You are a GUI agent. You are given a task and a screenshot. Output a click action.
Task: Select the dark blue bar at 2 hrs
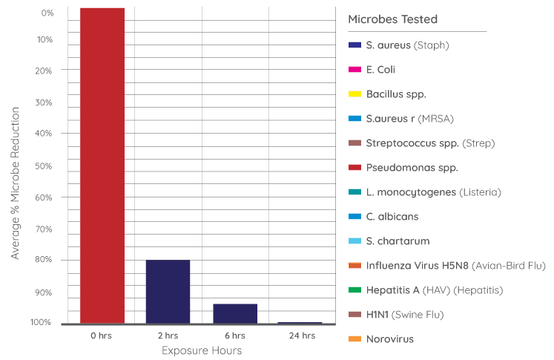coord(168,291)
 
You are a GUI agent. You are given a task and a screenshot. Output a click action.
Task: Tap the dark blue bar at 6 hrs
coord(235,313)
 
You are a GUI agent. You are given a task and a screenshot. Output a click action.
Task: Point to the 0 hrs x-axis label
coord(101,336)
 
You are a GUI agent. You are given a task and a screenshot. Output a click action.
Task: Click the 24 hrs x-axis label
coord(302,336)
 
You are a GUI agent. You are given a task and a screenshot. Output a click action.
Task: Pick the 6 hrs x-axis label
coord(235,336)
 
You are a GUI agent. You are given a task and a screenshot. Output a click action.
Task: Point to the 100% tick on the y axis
coord(42,322)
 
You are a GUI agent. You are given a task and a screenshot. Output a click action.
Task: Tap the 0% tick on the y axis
coord(47,13)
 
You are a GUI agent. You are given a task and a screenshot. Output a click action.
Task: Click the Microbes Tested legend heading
coord(392,19)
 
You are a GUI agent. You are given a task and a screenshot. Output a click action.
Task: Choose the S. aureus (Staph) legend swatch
coord(355,45)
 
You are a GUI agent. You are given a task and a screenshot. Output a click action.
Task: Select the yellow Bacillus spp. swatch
coord(355,94)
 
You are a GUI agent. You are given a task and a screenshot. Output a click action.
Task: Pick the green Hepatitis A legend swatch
coord(355,290)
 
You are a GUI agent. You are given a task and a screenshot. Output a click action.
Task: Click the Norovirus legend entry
coord(390,339)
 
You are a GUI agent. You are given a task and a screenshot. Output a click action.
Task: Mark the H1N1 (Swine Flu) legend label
coord(404,315)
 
